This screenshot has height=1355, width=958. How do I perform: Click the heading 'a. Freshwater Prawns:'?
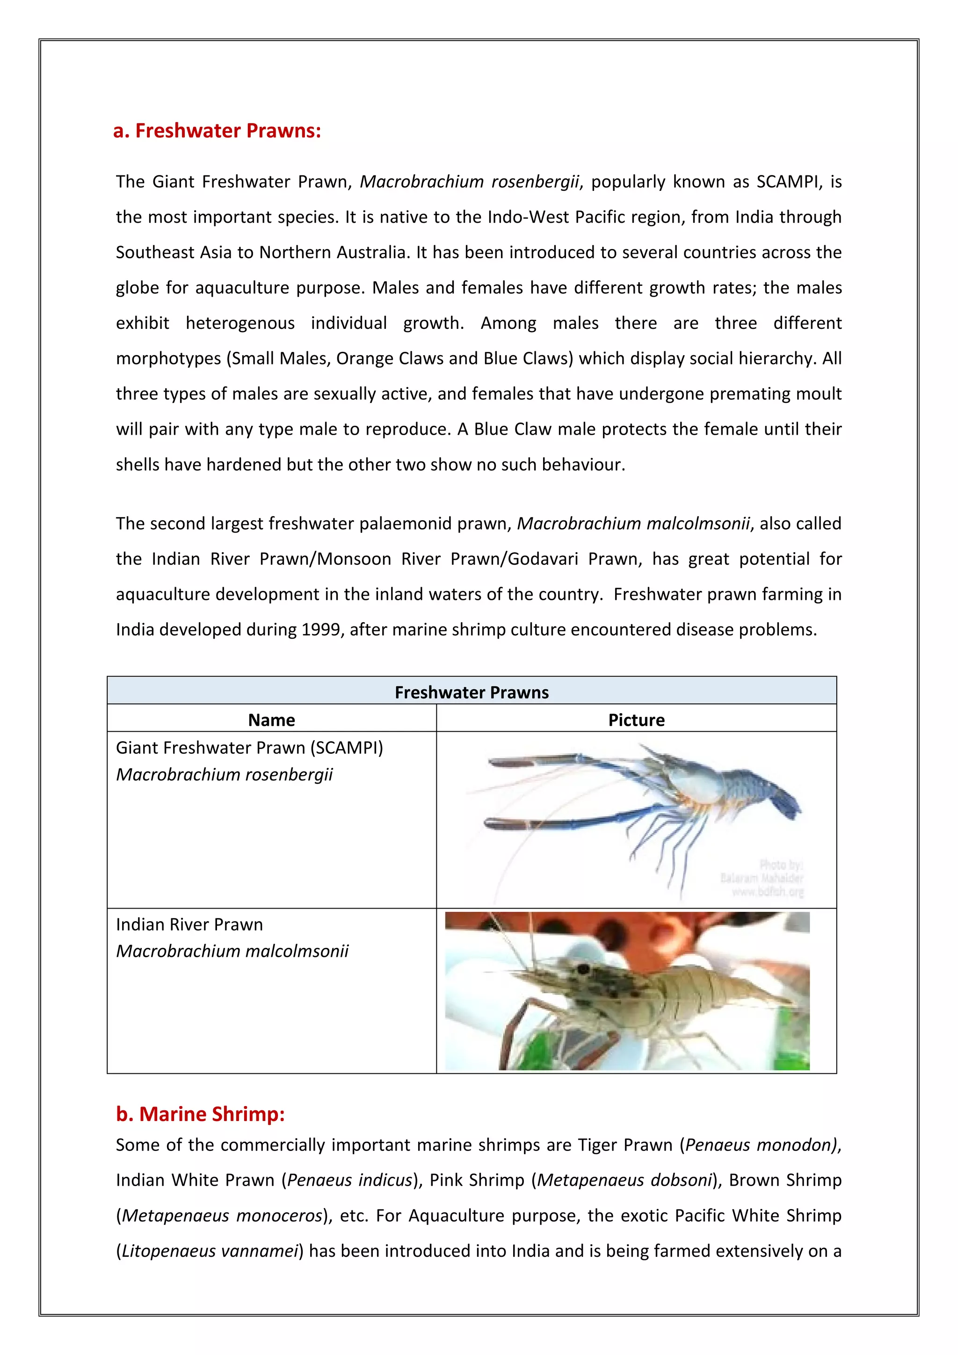coord(217,131)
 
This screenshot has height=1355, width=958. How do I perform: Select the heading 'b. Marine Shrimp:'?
coord(200,1114)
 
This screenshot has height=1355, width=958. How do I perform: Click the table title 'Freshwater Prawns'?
coord(472,692)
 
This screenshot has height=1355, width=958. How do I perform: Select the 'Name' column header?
coord(271,720)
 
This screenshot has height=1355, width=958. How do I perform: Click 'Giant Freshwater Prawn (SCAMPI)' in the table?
coord(249,748)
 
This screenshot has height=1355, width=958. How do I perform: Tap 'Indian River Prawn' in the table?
coord(189,924)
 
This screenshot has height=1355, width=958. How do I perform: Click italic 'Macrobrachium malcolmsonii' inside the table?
coord(232,951)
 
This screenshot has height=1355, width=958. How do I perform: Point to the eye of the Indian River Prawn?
coord(584,969)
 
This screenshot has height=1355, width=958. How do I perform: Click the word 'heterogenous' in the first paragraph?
coord(240,323)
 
